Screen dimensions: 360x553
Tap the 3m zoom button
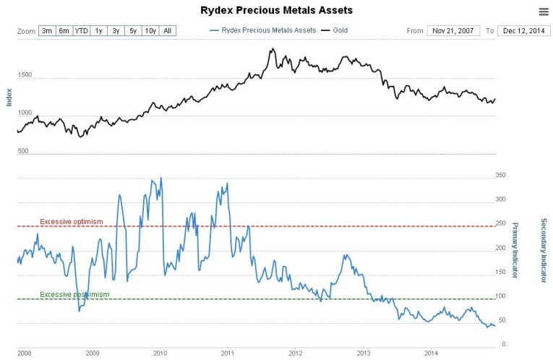(47, 31)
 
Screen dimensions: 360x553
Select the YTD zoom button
(82, 31)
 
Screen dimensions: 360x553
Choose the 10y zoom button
(150, 31)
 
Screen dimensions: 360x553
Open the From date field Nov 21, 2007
(453, 31)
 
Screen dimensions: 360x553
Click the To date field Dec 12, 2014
(524, 31)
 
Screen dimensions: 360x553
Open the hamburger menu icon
(543, 11)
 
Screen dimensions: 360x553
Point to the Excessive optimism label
(72, 221)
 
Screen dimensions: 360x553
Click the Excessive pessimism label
(74, 294)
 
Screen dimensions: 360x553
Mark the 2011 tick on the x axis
(227, 353)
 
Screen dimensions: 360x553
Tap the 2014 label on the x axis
(431, 353)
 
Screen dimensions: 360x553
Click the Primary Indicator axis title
(515, 249)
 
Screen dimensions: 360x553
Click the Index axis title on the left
(9, 97)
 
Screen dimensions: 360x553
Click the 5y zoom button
(133, 31)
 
